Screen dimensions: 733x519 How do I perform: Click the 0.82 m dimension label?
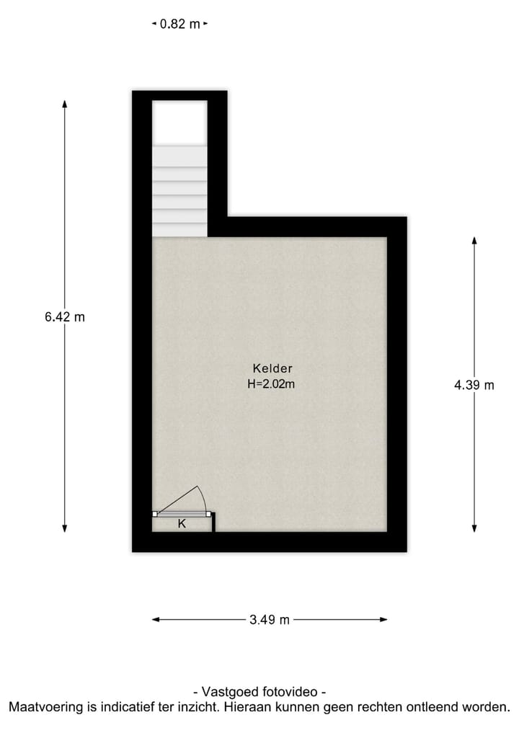coord(179,24)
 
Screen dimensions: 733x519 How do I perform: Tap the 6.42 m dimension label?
coord(64,316)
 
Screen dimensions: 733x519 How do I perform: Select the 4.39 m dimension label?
coord(474,385)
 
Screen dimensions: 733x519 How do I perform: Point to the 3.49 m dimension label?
coord(270,619)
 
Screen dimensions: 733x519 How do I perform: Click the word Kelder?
coord(272,368)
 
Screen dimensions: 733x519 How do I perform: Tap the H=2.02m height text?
coord(271,384)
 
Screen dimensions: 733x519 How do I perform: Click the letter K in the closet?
coord(182,524)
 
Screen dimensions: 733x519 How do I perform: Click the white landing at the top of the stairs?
coord(179,123)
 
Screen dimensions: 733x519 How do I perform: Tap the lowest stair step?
coord(179,229)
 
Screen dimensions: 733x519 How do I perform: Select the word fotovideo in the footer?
coord(292,691)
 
